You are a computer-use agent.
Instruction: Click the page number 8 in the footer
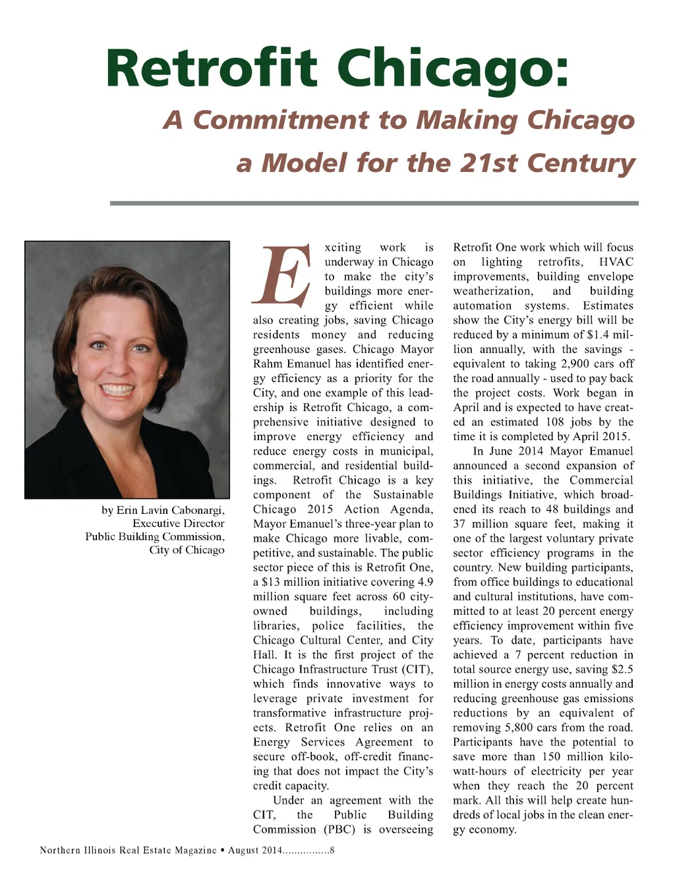pos(332,850)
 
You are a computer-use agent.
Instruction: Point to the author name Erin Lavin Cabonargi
pos(171,510)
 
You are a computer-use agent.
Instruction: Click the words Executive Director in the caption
pos(178,523)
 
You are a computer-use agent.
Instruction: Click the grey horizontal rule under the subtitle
pos(374,203)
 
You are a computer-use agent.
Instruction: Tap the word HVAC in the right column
pos(616,262)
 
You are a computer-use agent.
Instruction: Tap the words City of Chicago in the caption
pos(187,549)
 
